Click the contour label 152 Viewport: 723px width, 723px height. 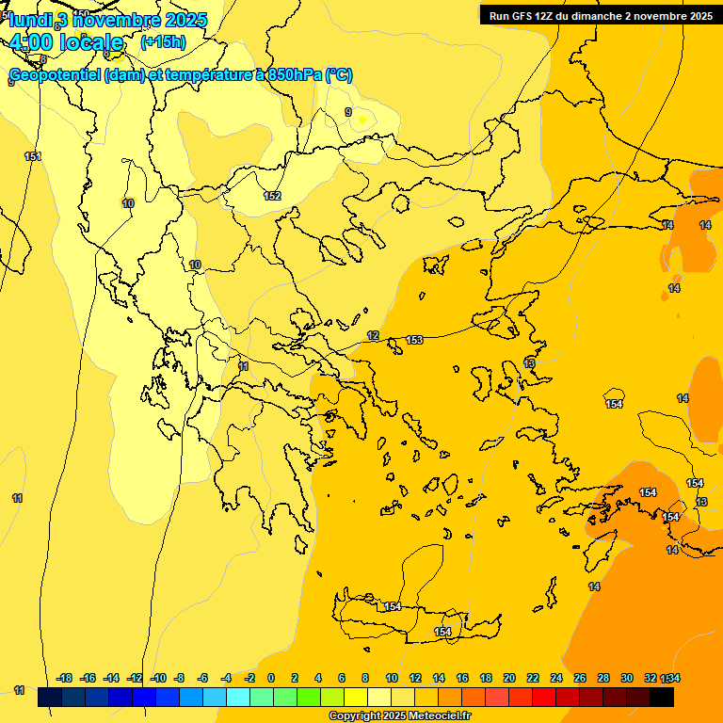[x=272, y=196]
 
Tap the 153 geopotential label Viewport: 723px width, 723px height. [x=414, y=340]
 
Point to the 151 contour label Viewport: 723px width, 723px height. [x=33, y=156]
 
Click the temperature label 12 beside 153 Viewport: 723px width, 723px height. [x=373, y=336]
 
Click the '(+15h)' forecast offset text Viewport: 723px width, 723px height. [x=163, y=42]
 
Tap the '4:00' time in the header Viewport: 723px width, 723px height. [x=28, y=42]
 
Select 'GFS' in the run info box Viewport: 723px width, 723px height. [x=525, y=15]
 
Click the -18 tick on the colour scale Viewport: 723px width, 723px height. [x=65, y=678]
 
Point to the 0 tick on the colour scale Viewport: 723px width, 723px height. [x=271, y=678]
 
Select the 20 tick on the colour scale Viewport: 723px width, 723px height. [x=509, y=678]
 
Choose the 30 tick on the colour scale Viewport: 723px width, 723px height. [x=627, y=678]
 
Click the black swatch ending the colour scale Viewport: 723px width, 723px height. [x=662, y=698]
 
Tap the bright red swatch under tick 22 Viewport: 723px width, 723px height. [x=544, y=698]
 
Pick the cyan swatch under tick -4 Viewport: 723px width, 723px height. [x=238, y=698]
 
